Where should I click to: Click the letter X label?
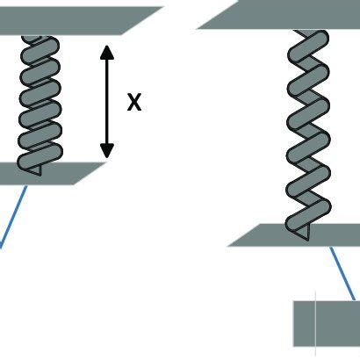(134, 102)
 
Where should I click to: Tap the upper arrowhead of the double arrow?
(107, 52)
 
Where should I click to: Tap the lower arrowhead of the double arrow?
(107, 151)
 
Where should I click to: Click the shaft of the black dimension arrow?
(107, 102)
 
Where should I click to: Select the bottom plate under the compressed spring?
(50, 174)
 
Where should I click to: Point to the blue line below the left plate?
(13, 217)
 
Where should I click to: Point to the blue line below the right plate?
(342, 273)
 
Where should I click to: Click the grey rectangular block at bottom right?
(327, 323)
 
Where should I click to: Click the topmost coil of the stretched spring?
(308, 47)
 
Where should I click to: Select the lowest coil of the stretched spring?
(308, 215)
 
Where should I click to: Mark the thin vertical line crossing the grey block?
(315, 323)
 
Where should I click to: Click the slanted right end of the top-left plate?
(142, 20)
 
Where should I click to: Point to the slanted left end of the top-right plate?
(218, 15)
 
